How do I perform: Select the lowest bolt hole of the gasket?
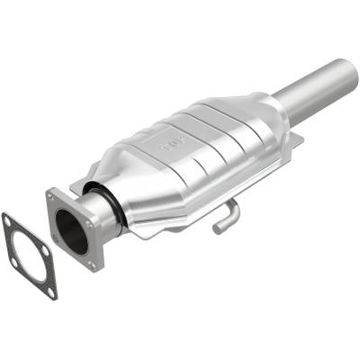tap(51, 291)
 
